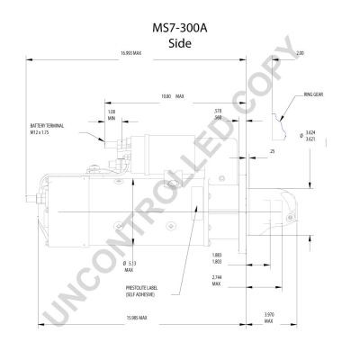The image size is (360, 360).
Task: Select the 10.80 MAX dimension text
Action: (172, 95)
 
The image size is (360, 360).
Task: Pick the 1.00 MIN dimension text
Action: (112, 114)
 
